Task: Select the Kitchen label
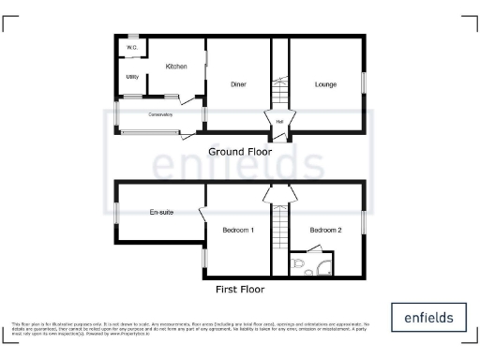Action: point(176,67)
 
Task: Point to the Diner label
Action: point(238,84)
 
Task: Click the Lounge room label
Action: point(325,84)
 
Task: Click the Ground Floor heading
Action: point(240,151)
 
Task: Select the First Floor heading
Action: point(240,290)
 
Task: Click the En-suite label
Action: point(161,213)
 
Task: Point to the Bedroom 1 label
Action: point(238,230)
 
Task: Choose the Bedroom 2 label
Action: point(325,230)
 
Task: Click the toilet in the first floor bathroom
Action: point(299,267)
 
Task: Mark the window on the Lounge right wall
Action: point(363,82)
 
